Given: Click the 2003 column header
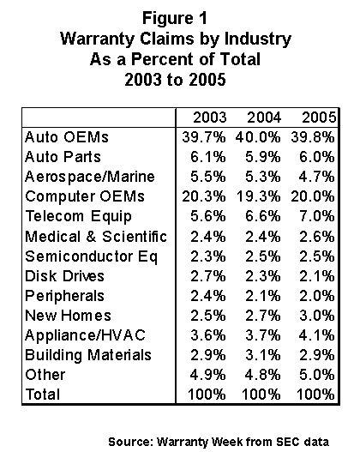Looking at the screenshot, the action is (209, 118).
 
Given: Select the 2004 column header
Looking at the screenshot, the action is (264, 118).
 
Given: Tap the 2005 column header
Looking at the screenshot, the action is (319, 118).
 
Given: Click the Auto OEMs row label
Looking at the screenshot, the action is (67, 137).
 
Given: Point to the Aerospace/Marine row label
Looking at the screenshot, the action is (90, 177).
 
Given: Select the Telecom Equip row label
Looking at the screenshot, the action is (78, 216).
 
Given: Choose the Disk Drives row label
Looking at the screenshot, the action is (64, 276).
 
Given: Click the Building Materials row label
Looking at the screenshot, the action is (88, 355).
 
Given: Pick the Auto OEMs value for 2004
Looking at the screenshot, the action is (258, 137).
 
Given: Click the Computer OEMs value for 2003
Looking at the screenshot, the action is (204, 196).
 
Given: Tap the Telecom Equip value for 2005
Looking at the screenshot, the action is (317, 216).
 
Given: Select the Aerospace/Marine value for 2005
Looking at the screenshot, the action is (317, 177).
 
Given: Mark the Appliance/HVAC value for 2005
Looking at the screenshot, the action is (317, 335).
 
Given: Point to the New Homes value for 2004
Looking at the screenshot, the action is (262, 316).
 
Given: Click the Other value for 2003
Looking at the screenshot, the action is (207, 375).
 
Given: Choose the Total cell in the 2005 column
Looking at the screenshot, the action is (315, 395).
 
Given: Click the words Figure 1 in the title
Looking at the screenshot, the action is (175, 18).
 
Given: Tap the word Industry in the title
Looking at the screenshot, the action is (258, 39).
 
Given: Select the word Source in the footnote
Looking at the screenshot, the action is (130, 442).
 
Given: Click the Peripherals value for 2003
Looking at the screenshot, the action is (208, 296).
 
